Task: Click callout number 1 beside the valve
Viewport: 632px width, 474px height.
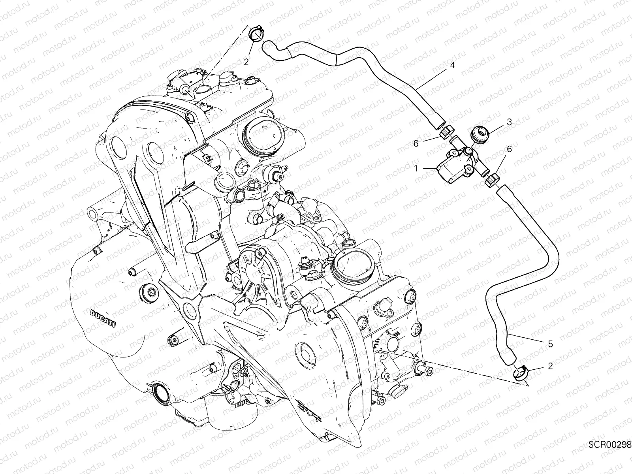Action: (416, 169)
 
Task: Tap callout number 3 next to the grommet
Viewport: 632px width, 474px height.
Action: (510, 122)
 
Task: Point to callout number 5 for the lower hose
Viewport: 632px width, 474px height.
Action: (551, 344)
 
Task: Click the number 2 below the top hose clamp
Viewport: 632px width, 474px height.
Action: (246, 62)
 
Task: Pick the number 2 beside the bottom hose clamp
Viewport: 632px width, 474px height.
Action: (550, 366)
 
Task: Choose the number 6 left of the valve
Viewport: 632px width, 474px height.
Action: (416, 143)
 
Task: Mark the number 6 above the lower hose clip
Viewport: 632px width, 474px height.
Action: (509, 149)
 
